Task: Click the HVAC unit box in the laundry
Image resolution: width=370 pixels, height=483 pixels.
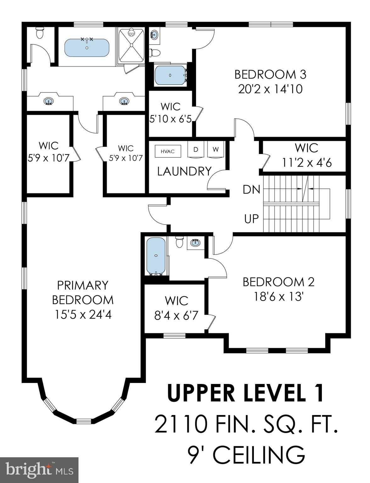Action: (x=168, y=151)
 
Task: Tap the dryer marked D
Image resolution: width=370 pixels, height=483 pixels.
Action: (x=195, y=150)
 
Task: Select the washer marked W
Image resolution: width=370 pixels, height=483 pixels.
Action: (x=215, y=150)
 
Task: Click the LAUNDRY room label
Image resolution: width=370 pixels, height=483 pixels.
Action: (x=184, y=171)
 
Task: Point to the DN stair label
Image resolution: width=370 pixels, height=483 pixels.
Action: (x=251, y=190)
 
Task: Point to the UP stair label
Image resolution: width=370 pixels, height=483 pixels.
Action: (x=251, y=219)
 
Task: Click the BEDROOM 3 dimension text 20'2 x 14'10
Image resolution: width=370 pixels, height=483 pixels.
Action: (x=270, y=89)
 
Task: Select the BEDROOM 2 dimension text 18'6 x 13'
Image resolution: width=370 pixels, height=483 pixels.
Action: (x=278, y=296)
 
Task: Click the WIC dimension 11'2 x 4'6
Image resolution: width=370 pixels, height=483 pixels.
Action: (x=307, y=163)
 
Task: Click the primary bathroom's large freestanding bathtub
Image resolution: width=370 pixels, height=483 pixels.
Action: (x=87, y=48)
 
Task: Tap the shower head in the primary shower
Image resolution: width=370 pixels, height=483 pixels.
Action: (x=132, y=33)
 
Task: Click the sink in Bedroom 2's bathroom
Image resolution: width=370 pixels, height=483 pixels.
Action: (x=195, y=243)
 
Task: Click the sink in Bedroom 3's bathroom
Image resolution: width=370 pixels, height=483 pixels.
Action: (x=154, y=35)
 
